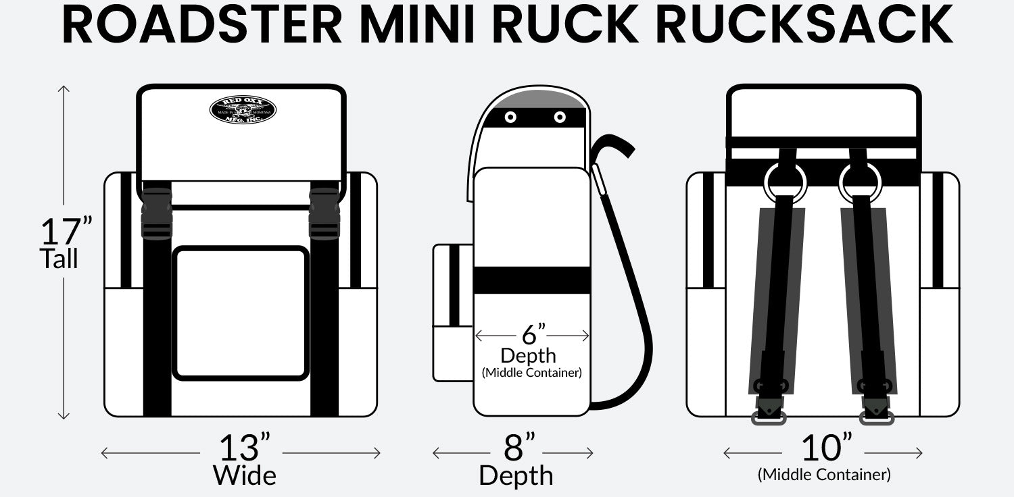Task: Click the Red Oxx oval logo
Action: [243, 110]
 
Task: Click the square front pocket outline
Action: [241, 313]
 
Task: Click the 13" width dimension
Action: [244, 447]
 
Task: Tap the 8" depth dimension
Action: [519, 447]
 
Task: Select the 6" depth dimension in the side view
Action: [533, 334]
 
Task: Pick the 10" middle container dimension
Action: [826, 447]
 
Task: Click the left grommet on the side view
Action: [510, 117]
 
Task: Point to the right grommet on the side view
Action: [560, 117]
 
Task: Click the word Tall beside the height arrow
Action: [59, 259]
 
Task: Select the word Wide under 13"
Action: [245, 475]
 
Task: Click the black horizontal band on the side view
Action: [532, 280]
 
